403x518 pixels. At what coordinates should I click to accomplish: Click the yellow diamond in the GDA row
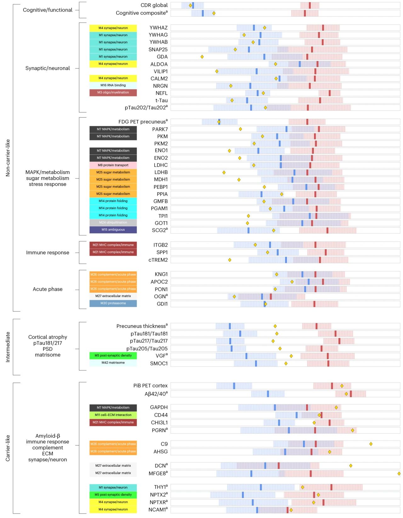click(x=202, y=57)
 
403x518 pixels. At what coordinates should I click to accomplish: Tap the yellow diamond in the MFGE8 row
click(x=399, y=474)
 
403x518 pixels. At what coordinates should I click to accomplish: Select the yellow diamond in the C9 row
click(x=371, y=444)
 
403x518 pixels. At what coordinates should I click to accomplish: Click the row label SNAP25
click(x=158, y=49)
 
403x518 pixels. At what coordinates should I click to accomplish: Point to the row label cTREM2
click(x=158, y=260)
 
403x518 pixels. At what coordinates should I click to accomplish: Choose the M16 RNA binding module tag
click(x=113, y=85)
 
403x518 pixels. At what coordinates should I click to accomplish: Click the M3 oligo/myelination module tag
click(x=113, y=93)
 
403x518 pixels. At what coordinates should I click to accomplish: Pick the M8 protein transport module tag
click(x=113, y=165)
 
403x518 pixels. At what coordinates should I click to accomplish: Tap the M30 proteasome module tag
click(x=113, y=303)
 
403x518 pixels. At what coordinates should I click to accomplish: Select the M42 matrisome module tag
click(x=113, y=363)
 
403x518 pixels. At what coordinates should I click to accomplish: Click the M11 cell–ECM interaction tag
click(x=113, y=415)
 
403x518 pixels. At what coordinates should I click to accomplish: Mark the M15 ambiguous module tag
click(x=113, y=230)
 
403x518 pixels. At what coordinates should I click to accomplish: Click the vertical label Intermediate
click(x=8, y=347)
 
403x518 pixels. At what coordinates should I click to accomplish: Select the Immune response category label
click(x=48, y=253)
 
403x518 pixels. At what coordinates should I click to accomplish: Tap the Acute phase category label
click(x=48, y=289)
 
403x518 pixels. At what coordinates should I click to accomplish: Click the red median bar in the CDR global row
click(x=310, y=5)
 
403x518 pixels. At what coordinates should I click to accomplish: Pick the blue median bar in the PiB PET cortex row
click(x=234, y=386)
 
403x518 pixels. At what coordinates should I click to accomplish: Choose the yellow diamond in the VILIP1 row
click(x=217, y=71)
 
